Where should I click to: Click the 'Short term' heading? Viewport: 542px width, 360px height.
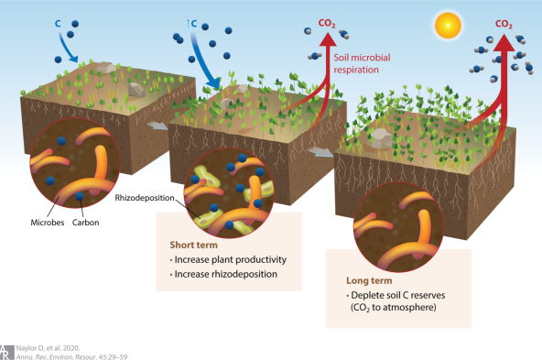(x=191, y=245)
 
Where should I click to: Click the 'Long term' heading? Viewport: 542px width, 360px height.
(x=367, y=279)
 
